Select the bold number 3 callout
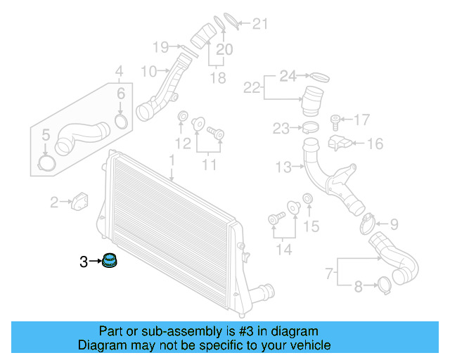point(84,262)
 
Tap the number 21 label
point(260,25)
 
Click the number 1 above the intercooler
point(171,162)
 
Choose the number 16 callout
point(375,144)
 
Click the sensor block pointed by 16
point(341,143)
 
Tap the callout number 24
point(289,75)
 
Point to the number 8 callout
point(359,286)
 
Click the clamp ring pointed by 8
point(385,285)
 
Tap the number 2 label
point(54,203)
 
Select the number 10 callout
point(149,71)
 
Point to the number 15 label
point(311,226)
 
